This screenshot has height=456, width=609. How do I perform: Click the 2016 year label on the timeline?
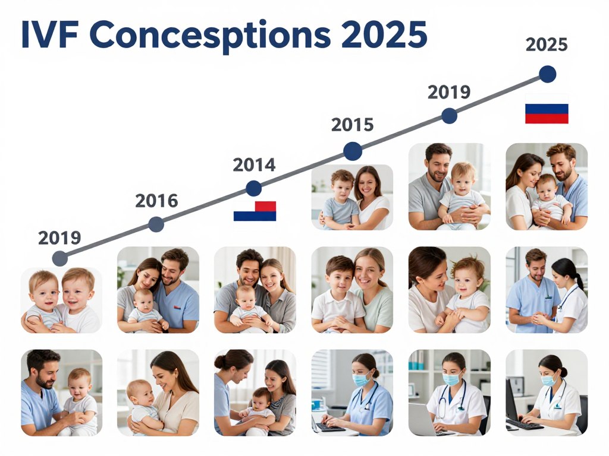tap(156, 201)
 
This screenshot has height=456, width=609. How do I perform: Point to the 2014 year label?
tap(254, 164)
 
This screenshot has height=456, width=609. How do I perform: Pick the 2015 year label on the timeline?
tap(352, 125)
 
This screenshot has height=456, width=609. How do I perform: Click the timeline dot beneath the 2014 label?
tap(254, 189)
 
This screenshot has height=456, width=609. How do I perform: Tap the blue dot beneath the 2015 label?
tap(353, 151)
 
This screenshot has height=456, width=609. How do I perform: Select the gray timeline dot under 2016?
tap(156, 224)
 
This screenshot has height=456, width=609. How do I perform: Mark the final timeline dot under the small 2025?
tap(547, 74)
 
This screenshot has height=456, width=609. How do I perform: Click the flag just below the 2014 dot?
tap(255, 211)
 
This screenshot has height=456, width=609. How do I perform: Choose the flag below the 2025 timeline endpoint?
tap(546, 113)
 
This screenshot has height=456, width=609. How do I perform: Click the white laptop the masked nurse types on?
tap(423, 419)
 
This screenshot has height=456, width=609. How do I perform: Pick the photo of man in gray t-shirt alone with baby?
tap(450, 186)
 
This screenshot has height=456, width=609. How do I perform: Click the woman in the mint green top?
tap(373, 294)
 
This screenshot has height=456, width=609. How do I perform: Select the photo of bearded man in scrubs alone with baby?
tap(61, 392)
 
